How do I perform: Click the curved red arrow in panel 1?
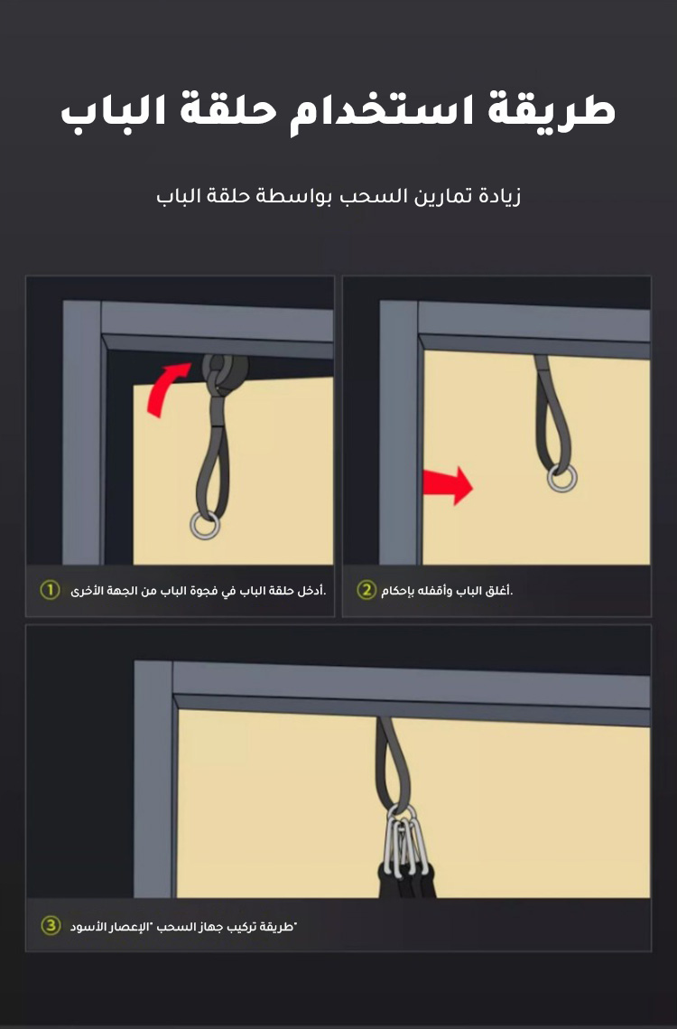point(164,388)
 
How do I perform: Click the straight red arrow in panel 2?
point(448,486)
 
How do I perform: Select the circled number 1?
point(50,590)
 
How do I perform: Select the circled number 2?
point(366,590)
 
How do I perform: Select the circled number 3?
point(51,926)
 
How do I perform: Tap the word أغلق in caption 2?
point(498,591)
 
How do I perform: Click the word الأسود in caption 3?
point(88,927)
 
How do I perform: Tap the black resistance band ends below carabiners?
point(405,881)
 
